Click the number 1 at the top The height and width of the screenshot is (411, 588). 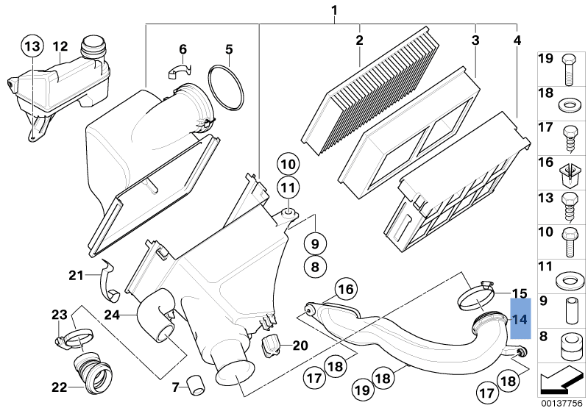(334, 10)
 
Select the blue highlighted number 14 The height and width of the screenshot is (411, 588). (520, 319)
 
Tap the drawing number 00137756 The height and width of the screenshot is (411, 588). (563, 402)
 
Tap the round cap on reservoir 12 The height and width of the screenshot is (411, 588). (93, 46)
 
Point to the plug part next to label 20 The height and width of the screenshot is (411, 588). (272, 343)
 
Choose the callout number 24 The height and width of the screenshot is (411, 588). (112, 315)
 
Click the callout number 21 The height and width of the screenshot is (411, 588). (77, 276)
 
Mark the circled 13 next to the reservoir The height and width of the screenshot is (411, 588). (32, 46)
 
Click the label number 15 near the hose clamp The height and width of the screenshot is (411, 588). (520, 293)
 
